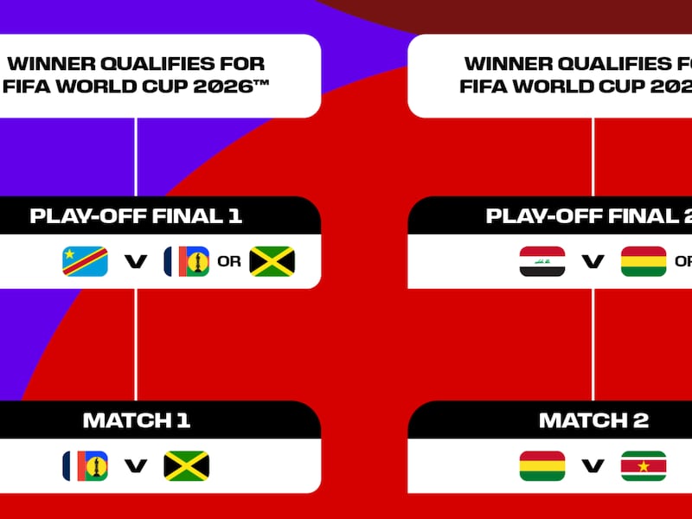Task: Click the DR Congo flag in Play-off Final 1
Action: pyautogui.click(x=85, y=261)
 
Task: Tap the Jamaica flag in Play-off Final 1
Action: pyautogui.click(x=272, y=261)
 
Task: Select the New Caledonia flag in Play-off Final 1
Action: pyautogui.click(x=187, y=261)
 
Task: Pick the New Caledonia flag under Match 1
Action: pyautogui.click(x=85, y=466)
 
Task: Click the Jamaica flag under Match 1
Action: pyautogui.click(x=187, y=466)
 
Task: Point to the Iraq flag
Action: pyautogui.click(x=542, y=261)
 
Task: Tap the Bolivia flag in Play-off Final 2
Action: pyautogui.click(x=644, y=261)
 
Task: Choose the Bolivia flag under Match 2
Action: pyautogui.click(x=542, y=466)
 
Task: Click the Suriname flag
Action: pyautogui.click(x=644, y=466)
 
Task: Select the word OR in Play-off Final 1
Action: pyautogui.click(x=229, y=261)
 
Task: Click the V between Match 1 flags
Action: pyautogui.click(x=136, y=466)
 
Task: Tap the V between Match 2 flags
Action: pyautogui.click(x=593, y=466)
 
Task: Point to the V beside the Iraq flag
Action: pyautogui.click(x=593, y=261)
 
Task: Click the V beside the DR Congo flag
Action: pyautogui.click(x=136, y=261)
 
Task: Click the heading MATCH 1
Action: pyautogui.click(x=136, y=421)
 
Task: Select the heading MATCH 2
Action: pyautogui.click(x=593, y=421)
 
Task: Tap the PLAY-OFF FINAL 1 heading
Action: pyautogui.click(x=136, y=216)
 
